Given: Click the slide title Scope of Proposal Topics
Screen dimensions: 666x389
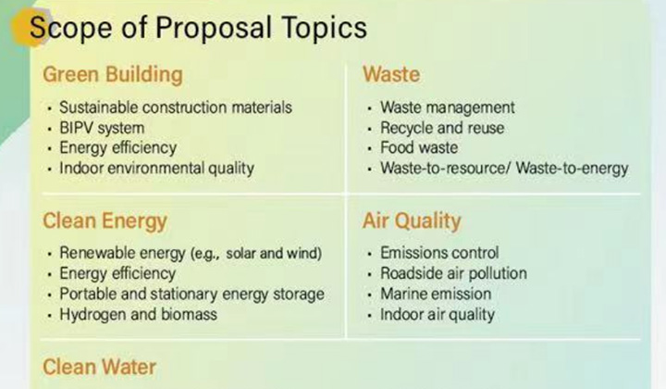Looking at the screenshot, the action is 198,28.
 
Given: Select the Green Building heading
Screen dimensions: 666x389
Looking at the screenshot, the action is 113,74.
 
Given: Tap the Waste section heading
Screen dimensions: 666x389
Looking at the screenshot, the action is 391,74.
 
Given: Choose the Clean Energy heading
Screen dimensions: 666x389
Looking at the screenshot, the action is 105,221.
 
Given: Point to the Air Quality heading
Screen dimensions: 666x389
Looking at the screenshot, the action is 412,221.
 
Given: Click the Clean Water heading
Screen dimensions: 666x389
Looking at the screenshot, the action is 99,367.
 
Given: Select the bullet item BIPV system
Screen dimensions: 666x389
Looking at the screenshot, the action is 102,128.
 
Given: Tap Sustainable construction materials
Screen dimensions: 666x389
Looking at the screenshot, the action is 176,107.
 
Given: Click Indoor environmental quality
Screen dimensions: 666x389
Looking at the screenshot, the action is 156,169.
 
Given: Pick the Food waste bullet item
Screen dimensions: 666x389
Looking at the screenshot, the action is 419,147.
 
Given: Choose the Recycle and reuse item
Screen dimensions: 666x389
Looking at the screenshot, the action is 442,128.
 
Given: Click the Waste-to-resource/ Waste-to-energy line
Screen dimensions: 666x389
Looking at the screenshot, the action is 504,169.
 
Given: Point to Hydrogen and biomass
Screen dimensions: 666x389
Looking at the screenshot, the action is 138,315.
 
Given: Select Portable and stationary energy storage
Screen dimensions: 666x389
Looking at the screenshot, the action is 192,295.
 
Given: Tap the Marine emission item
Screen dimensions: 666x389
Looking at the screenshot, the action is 436,294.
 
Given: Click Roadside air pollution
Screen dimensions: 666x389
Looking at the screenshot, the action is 453,273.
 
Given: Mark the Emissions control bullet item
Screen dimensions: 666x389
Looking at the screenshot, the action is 439,253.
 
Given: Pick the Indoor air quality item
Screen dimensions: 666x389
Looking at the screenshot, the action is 438,315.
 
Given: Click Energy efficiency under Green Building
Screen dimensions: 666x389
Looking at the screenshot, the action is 118,148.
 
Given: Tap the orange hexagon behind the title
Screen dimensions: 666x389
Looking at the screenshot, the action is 29,26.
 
